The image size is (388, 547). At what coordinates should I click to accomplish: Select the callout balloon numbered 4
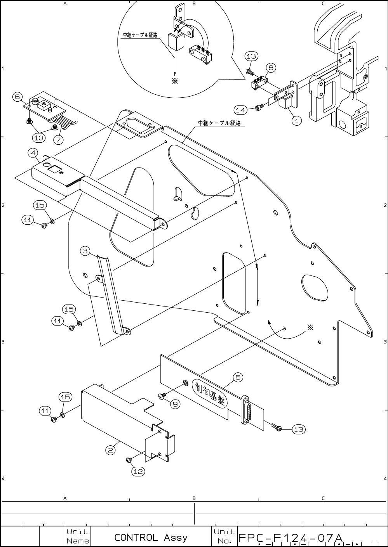(x=33, y=153)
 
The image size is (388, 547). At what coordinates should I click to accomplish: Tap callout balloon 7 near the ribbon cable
(x=58, y=139)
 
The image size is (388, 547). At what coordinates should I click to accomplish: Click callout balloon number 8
(x=271, y=68)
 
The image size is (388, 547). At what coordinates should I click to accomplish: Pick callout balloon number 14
(x=241, y=110)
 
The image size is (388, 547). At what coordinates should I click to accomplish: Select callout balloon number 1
(x=296, y=120)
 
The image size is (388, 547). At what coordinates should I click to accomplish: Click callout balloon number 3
(x=86, y=251)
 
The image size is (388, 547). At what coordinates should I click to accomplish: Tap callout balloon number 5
(x=238, y=377)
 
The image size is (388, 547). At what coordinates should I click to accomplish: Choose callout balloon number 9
(x=175, y=404)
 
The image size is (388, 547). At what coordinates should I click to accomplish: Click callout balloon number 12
(x=138, y=471)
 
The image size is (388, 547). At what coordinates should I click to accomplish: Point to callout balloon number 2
(x=111, y=450)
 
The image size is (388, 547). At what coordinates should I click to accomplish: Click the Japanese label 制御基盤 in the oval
(x=210, y=395)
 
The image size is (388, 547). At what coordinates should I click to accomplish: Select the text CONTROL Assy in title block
(x=151, y=537)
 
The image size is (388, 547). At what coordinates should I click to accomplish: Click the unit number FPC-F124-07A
(x=290, y=538)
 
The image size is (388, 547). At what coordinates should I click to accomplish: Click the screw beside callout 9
(x=162, y=396)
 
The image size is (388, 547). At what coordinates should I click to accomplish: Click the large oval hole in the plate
(x=315, y=287)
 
